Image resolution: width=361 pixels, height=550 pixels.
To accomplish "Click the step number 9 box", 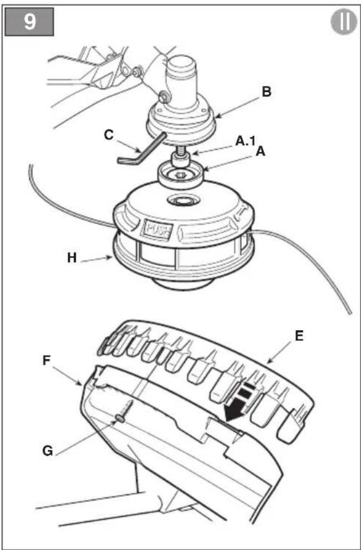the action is click(x=29, y=22).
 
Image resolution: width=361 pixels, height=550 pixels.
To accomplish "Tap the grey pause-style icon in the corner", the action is click(x=344, y=22).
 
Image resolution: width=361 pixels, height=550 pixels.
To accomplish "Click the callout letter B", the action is click(x=267, y=92).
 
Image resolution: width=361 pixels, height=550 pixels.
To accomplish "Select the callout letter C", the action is click(x=109, y=135).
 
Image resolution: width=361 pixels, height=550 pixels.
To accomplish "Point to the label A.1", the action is click(x=246, y=141).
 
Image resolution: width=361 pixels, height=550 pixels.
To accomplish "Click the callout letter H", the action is click(x=72, y=258).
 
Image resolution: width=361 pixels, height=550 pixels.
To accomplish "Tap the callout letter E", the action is click(x=299, y=336).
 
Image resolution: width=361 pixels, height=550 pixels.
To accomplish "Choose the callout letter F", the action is click(x=47, y=361).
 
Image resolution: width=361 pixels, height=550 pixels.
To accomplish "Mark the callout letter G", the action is click(x=47, y=450).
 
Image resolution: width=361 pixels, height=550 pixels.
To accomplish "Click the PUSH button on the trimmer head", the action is click(x=157, y=230).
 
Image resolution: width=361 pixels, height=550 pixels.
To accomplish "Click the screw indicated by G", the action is click(x=125, y=411).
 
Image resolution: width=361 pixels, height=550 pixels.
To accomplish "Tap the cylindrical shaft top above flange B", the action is click(x=181, y=79).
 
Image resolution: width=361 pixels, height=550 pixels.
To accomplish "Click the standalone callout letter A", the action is click(x=261, y=152).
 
